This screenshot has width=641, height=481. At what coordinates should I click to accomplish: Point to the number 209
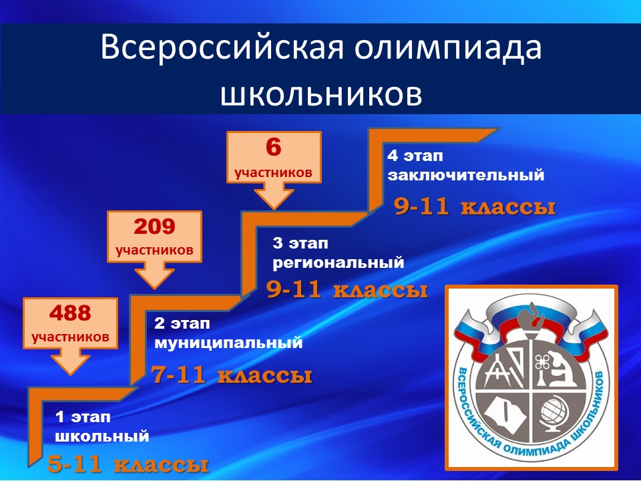coord(154,226)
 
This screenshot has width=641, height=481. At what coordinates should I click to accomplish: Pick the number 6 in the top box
coord(274,147)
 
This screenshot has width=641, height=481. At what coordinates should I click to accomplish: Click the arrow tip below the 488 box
coord(70,374)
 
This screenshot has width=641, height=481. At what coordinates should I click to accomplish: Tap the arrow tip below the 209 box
coord(154,288)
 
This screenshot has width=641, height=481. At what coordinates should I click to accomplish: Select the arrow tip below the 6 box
coord(274,208)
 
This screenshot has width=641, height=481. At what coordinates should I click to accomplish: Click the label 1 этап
coord(83,417)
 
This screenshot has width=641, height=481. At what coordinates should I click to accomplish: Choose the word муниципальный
coord(228,343)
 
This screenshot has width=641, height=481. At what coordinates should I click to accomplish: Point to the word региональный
coord(339,263)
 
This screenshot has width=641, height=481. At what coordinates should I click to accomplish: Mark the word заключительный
coord(466,175)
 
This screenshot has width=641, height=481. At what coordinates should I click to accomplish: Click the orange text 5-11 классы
coord(128,464)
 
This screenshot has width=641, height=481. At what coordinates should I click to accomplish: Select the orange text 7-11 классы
coord(232,375)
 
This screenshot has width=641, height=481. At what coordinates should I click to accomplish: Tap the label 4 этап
coord(415,156)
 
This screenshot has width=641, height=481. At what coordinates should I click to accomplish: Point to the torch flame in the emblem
coord(531,315)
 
